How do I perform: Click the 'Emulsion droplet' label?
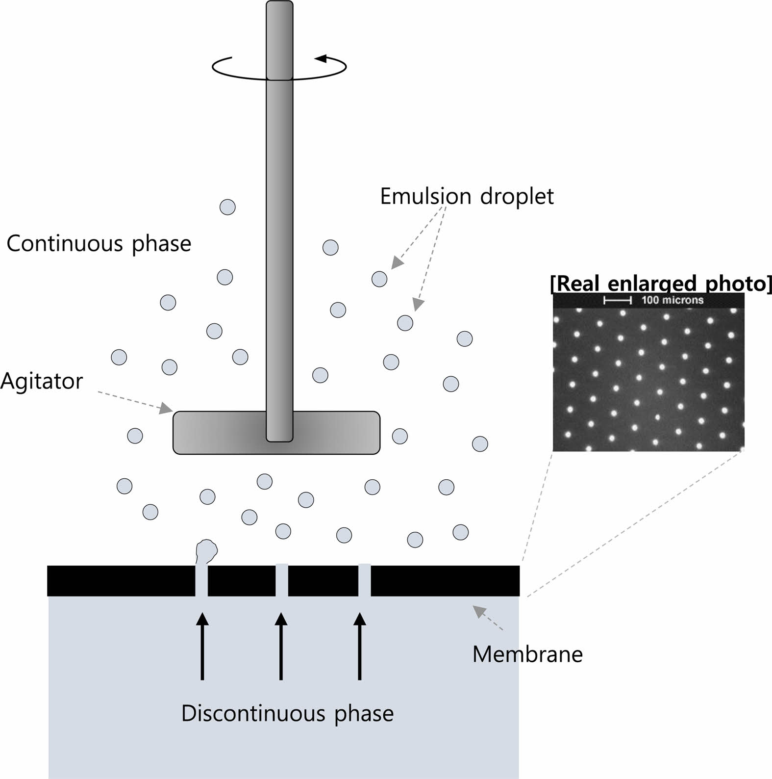[x=467, y=196]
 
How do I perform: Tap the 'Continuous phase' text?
[x=99, y=244]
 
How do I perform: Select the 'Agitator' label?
[x=42, y=381]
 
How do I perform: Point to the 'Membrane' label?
[x=527, y=654]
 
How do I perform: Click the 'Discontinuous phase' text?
[x=287, y=713]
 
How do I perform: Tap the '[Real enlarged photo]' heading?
[x=661, y=284]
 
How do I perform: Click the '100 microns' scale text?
[x=672, y=300]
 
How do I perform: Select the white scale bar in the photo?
[x=617, y=300]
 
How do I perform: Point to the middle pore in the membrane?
[x=282, y=580]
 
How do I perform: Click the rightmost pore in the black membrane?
[x=365, y=580]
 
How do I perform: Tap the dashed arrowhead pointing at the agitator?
[x=166, y=408]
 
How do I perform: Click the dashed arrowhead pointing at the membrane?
[x=479, y=611]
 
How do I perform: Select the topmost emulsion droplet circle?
[x=227, y=207]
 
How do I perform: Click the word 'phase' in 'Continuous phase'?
[x=162, y=244]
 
